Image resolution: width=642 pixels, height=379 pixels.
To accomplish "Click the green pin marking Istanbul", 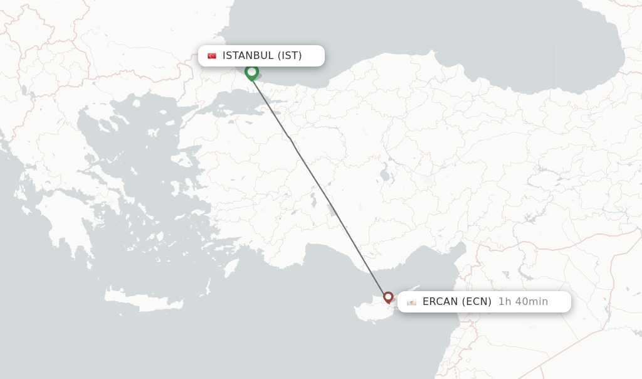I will pyautogui.click(x=251, y=72).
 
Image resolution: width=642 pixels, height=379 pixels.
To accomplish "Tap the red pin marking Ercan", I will pyautogui.click(x=388, y=297).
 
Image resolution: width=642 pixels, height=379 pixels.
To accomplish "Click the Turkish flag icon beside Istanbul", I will pyautogui.click(x=212, y=56).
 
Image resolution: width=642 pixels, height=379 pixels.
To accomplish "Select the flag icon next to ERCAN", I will pyautogui.click(x=411, y=302).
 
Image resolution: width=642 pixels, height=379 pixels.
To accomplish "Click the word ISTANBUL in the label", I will pyautogui.click(x=248, y=56).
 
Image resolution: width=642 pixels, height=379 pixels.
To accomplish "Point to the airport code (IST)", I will pyautogui.click(x=290, y=56).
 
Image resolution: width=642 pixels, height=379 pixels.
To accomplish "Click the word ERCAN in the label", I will pyautogui.click(x=441, y=302).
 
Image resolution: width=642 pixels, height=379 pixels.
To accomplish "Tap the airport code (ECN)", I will pyautogui.click(x=476, y=302).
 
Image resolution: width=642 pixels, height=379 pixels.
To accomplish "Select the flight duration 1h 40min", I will pyautogui.click(x=523, y=302).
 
